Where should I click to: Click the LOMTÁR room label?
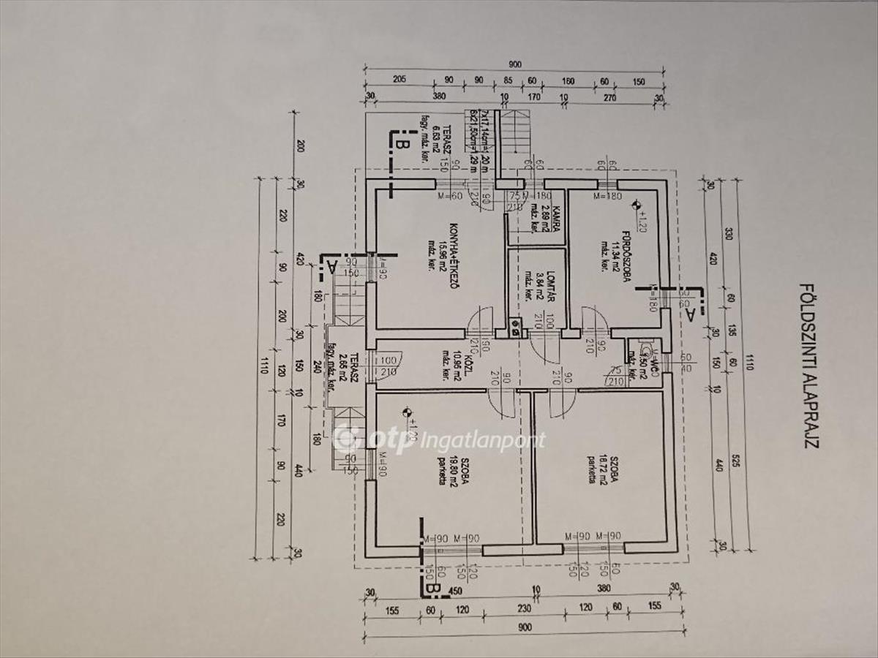[540, 285]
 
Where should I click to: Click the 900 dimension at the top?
[514, 64]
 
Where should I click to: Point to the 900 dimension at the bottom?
[514, 627]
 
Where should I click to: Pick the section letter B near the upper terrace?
[400, 142]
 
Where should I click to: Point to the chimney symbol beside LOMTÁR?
[515, 327]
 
